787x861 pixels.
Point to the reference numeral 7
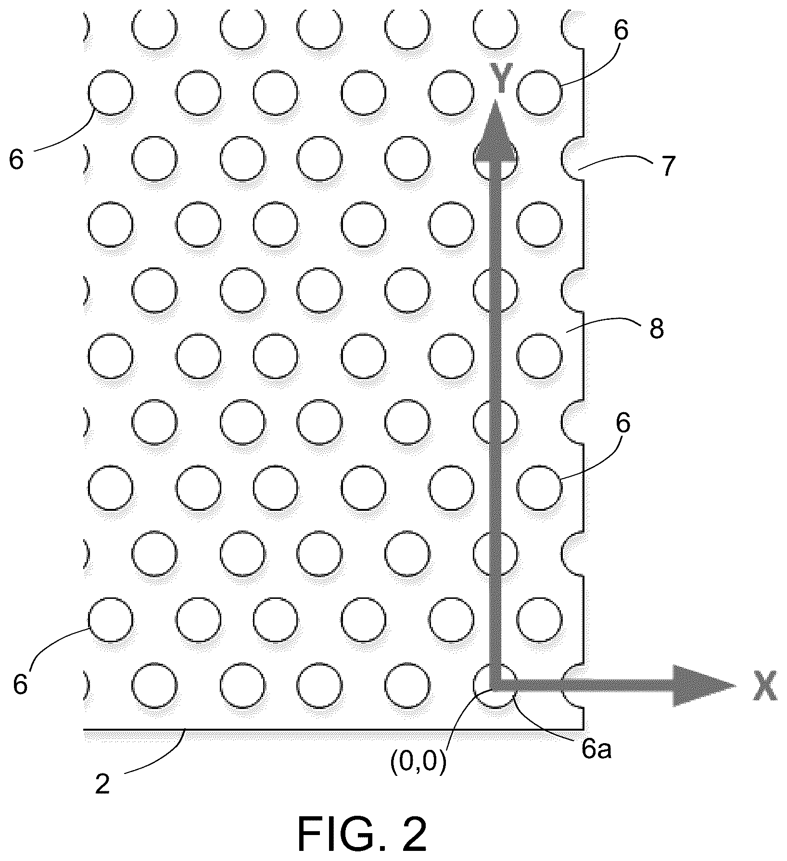(x=668, y=166)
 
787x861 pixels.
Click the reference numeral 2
(x=102, y=785)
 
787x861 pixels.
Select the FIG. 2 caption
(x=362, y=834)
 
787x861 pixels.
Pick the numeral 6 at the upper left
(x=16, y=160)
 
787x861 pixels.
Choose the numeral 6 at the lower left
(x=20, y=684)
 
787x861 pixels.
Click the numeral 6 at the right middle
(x=622, y=424)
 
